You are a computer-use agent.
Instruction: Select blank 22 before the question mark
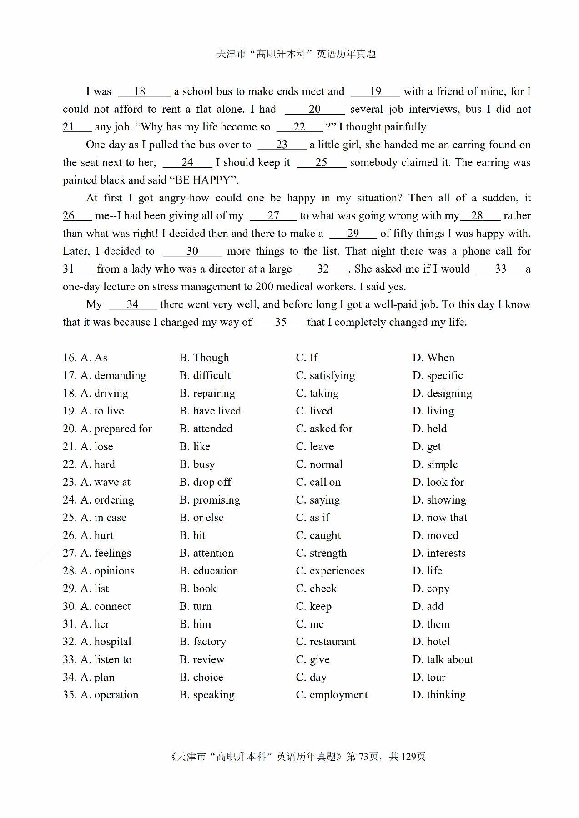299,127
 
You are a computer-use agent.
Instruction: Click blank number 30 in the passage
192,251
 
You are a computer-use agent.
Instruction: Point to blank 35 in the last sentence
281,322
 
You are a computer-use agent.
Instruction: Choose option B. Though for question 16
204,358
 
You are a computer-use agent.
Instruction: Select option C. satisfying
325,375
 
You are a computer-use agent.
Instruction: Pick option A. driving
96,393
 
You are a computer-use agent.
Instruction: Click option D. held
429,429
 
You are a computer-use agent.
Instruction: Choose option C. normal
319,464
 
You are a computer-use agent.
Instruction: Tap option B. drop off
205,482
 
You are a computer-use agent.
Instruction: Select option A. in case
95,518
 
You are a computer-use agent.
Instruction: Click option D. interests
439,553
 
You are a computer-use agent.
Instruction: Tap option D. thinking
439,695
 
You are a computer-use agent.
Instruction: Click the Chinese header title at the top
296,55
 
